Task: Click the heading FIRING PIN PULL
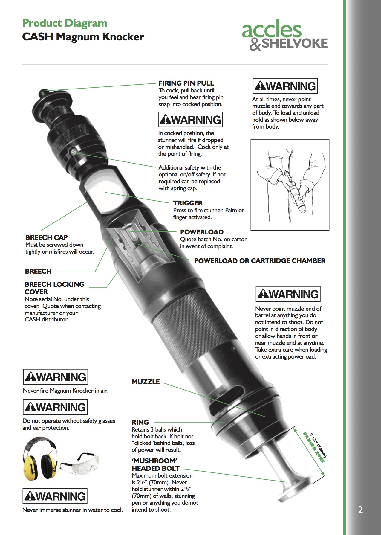pyautogui.click(x=186, y=83)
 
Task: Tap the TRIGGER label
pyautogui.click(x=188, y=203)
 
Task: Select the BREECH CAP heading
pyautogui.click(x=47, y=237)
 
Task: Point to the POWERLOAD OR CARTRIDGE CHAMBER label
pyautogui.click(x=260, y=261)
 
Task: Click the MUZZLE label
pyautogui.click(x=146, y=382)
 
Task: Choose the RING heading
pyautogui.click(x=140, y=422)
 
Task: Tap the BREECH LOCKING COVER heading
pyautogui.click(x=54, y=288)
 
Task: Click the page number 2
pyautogui.click(x=360, y=510)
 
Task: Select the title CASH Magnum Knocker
pyautogui.click(x=83, y=37)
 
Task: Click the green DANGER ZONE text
pyautogui.click(x=313, y=447)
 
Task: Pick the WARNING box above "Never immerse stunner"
pyautogui.click(x=55, y=496)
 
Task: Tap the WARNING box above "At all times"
pyautogui.click(x=285, y=86)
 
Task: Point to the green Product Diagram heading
pyautogui.click(x=65, y=23)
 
